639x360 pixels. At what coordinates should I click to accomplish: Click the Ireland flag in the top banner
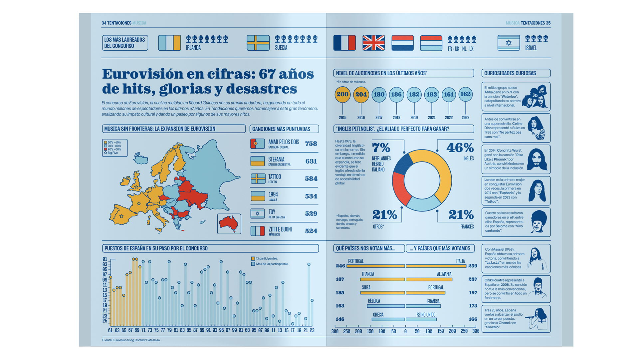click(169, 43)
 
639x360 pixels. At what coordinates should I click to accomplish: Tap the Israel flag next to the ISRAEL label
click(509, 43)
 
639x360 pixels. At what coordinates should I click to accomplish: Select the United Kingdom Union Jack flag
click(373, 43)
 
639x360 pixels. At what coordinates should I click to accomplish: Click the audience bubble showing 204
click(361, 95)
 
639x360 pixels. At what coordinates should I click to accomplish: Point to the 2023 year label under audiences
click(465, 118)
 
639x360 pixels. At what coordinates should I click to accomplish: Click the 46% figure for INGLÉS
click(460, 148)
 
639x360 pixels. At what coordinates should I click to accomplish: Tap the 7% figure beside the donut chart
click(381, 148)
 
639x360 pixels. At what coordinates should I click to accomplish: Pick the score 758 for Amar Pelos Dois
click(311, 144)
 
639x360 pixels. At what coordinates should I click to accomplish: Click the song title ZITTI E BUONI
click(280, 229)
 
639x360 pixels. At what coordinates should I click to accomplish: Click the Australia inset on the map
click(229, 224)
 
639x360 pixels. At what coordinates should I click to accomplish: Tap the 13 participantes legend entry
click(265, 258)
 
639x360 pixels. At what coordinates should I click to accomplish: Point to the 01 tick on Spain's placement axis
click(105, 259)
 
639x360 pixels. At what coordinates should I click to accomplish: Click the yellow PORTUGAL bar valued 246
click(375, 266)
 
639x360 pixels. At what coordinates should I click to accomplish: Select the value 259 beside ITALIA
click(473, 266)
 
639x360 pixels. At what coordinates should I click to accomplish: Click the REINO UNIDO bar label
click(426, 315)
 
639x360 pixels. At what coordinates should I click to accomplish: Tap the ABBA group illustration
click(535, 97)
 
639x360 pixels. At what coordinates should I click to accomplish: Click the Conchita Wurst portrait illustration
click(536, 160)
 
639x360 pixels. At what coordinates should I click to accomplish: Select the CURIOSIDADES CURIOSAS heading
click(510, 73)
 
